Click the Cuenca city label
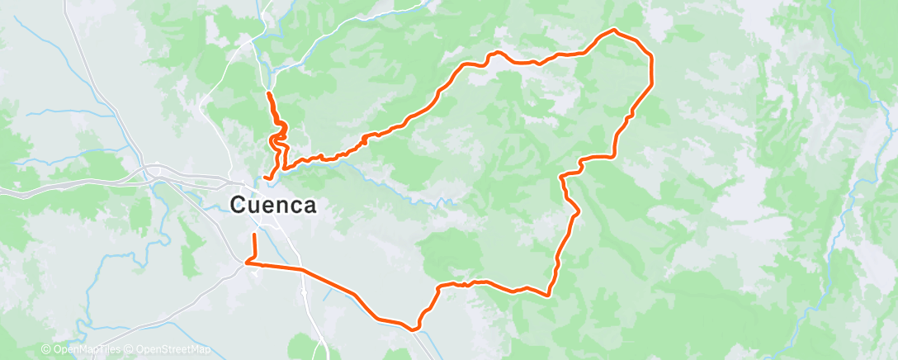[273, 205]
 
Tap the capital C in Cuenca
[239, 205]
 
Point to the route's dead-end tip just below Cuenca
[253, 235]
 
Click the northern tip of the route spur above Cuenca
[268, 94]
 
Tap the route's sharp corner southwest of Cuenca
[247, 263]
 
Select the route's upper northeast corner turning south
[651, 56]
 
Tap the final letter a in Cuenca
[308, 206]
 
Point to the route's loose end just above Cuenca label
[264, 178]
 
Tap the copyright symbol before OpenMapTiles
[46, 350]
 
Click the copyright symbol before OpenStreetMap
[130, 350]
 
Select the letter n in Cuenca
[276, 206]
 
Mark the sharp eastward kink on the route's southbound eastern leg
[575, 211]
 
